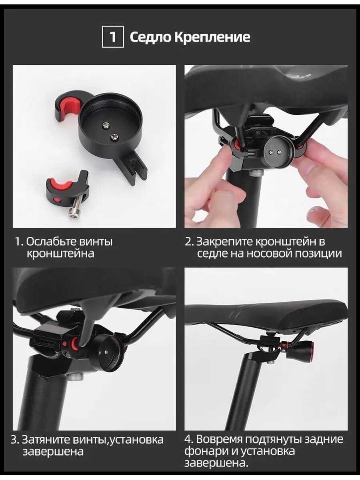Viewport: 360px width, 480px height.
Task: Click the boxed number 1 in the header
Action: point(112,37)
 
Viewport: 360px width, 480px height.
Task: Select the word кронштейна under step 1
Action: point(60,254)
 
